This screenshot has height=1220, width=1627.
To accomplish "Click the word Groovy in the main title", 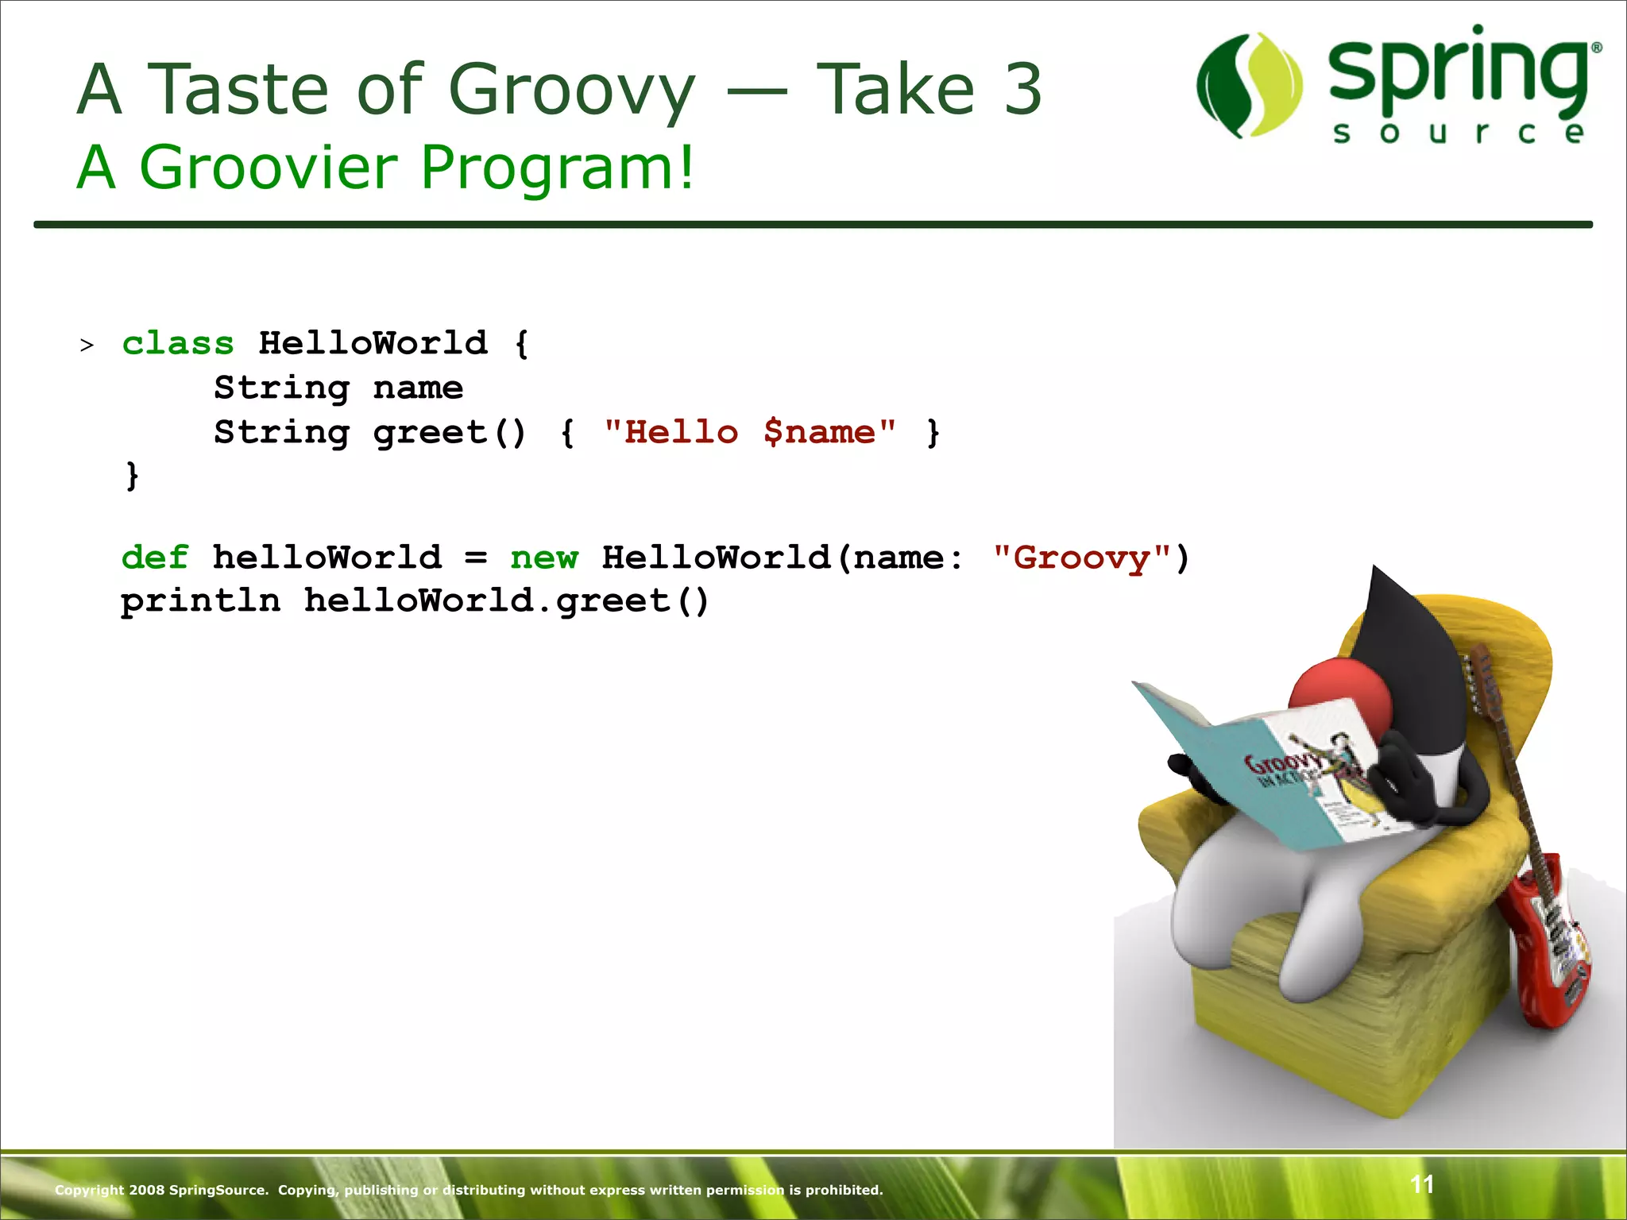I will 572,90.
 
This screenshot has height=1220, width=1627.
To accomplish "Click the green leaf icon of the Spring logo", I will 1250,86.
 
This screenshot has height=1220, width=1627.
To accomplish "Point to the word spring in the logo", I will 1459,71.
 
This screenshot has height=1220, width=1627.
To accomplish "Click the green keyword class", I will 178,344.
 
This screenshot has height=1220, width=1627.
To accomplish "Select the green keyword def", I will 155,558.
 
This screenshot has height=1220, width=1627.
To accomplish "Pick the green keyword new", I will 544,558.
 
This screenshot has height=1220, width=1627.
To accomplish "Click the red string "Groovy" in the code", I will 1082,558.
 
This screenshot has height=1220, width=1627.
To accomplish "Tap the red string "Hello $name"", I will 750,433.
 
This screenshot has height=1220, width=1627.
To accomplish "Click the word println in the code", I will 201,601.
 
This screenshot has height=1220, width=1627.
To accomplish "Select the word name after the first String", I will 418,388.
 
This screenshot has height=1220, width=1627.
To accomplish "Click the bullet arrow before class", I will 87,346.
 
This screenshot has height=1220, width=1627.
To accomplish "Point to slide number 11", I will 1422,1184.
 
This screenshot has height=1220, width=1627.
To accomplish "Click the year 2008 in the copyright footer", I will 146,1190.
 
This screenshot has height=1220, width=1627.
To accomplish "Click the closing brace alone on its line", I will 132,476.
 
